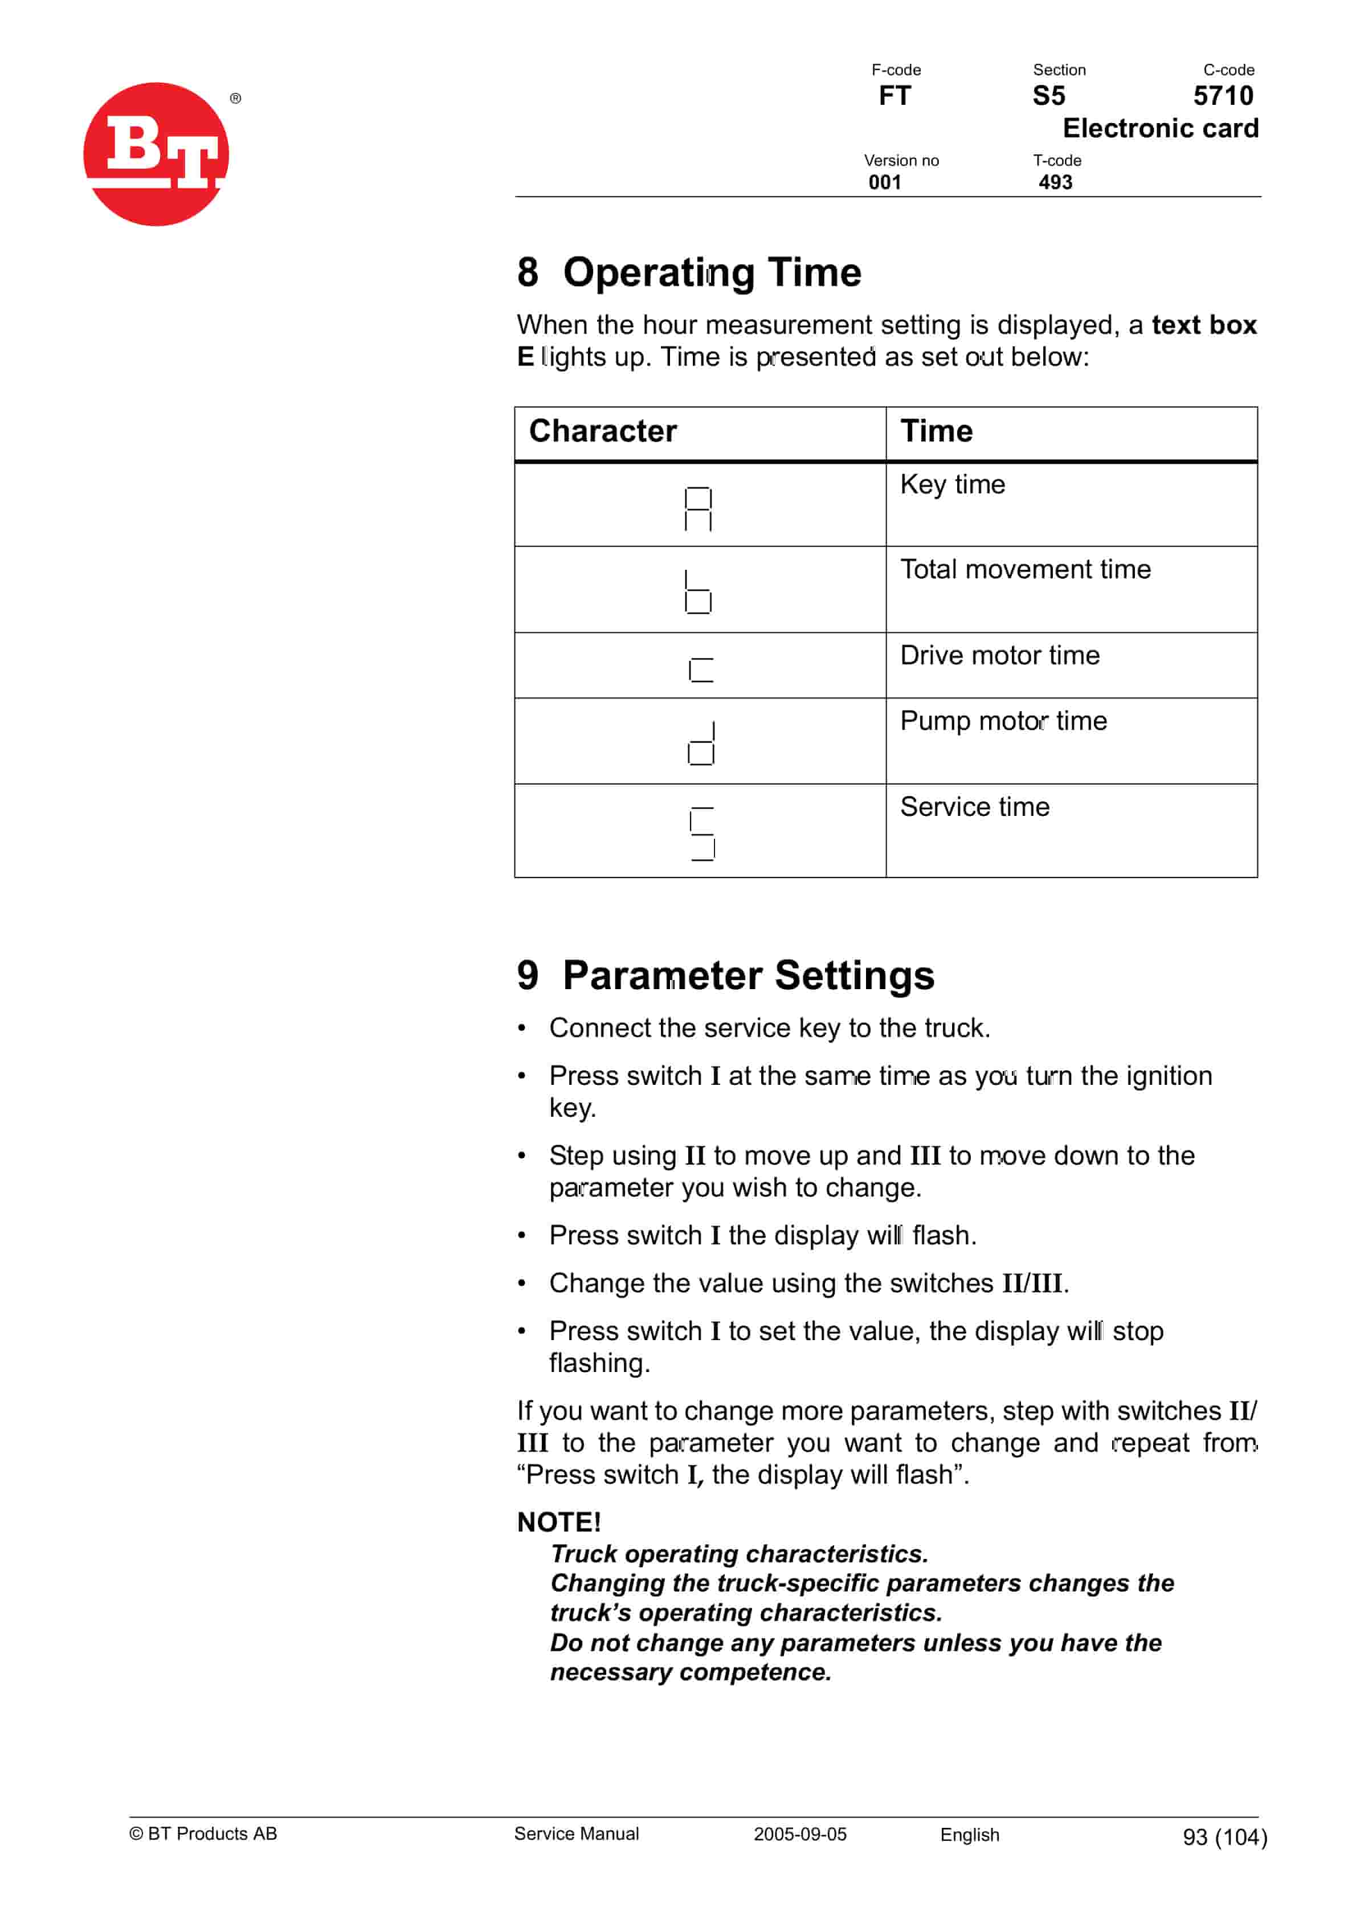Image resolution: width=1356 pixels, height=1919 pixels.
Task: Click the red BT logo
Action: pos(156,154)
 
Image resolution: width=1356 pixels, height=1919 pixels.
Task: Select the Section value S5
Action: pos(1048,96)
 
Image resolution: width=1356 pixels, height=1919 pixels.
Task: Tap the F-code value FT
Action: pos(894,96)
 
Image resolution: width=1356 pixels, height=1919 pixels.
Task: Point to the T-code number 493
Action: pos(1055,182)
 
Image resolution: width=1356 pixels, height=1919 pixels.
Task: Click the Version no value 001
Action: pos(884,182)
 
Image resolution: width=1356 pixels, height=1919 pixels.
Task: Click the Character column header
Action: pos(603,431)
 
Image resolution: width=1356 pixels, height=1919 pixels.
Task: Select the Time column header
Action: pos(936,431)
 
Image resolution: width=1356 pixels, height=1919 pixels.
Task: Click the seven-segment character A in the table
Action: pos(698,509)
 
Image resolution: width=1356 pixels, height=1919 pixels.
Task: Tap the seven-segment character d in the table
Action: pos(701,743)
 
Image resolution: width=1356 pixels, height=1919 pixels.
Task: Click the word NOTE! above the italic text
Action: pos(558,1522)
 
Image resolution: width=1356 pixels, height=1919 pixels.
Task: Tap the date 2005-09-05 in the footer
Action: pos(799,1834)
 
